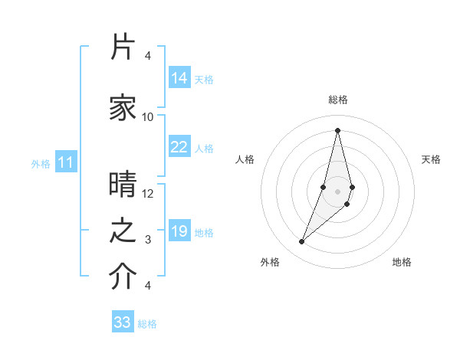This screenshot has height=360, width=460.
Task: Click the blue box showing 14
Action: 179,78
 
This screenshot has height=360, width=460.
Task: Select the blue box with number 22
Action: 179,147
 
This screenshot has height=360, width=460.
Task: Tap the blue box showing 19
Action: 179,231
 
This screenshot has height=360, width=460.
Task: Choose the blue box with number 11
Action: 67,162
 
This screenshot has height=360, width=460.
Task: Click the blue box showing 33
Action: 123,322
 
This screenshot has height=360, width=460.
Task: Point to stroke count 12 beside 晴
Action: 148,194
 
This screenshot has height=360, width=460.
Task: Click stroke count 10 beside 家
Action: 148,117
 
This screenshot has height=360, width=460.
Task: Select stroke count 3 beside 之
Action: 148,240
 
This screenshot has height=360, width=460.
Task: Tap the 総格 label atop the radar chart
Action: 337,100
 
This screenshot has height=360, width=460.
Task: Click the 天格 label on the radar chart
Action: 431,159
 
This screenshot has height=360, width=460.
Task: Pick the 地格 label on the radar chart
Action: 402,262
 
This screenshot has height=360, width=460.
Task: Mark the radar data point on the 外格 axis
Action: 301,242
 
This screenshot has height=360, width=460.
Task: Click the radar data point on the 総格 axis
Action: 337,129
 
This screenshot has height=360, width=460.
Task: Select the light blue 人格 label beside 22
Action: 204,148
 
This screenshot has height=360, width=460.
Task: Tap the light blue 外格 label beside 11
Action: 41,163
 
